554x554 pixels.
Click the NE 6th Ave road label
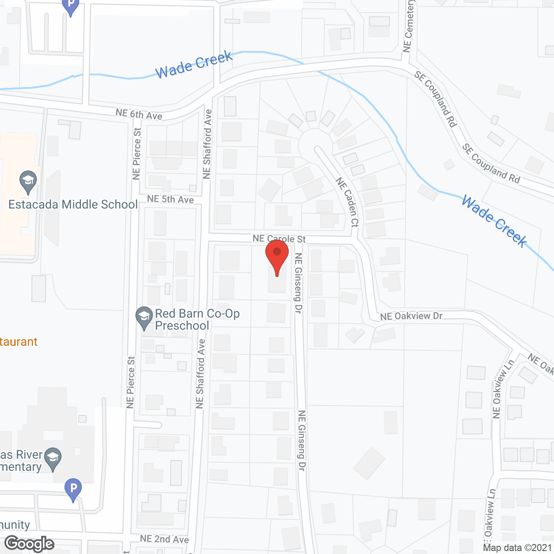pyautogui.click(x=139, y=114)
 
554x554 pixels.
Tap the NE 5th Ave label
pyautogui.click(x=171, y=199)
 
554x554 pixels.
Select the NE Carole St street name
pyautogui.click(x=279, y=238)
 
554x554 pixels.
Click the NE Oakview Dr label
pyautogui.click(x=411, y=316)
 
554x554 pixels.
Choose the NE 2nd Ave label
pyautogui.click(x=164, y=539)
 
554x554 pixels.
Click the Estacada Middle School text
pyautogui.click(x=73, y=204)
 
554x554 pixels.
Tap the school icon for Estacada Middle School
pyautogui.click(x=29, y=183)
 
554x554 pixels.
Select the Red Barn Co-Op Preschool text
pyautogui.click(x=197, y=319)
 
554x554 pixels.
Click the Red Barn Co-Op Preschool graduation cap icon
pyautogui.click(x=144, y=318)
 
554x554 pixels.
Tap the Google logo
pyautogui.click(x=29, y=544)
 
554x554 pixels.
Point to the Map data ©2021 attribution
pyautogui.click(x=517, y=548)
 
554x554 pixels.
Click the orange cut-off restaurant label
pyautogui.click(x=19, y=342)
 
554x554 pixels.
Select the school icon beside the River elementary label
pyautogui.click(x=53, y=458)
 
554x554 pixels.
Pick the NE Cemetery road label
pyautogui.click(x=408, y=26)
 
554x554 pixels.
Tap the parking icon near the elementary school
pyautogui.click(x=73, y=490)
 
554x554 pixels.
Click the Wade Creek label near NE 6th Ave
pyautogui.click(x=194, y=64)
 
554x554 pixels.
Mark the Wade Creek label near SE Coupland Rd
pyautogui.click(x=494, y=221)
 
